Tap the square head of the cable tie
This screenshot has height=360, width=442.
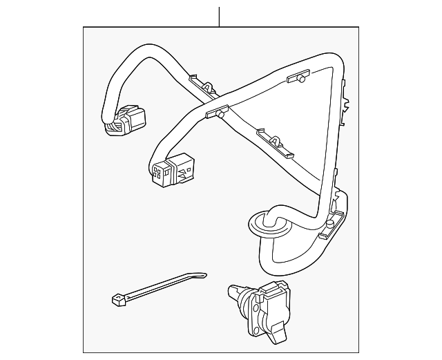click(116, 301)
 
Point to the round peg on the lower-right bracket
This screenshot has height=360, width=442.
click(337, 205)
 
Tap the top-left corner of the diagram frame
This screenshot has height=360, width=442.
click(84, 27)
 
